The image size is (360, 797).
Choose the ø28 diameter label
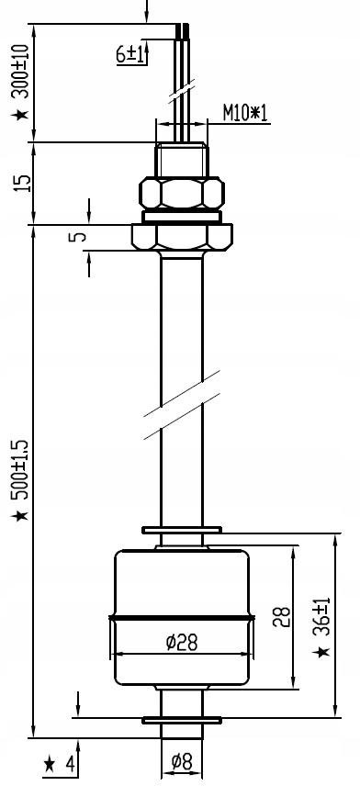pos(182,642)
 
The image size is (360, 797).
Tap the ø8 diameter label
pos(182,761)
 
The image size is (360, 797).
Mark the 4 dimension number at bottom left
pos(68,764)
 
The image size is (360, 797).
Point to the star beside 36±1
pos(321,651)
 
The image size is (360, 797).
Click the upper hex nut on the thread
pos(181,194)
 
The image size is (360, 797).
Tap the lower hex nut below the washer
pos(181,236)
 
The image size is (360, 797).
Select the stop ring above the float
pos(181,530)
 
